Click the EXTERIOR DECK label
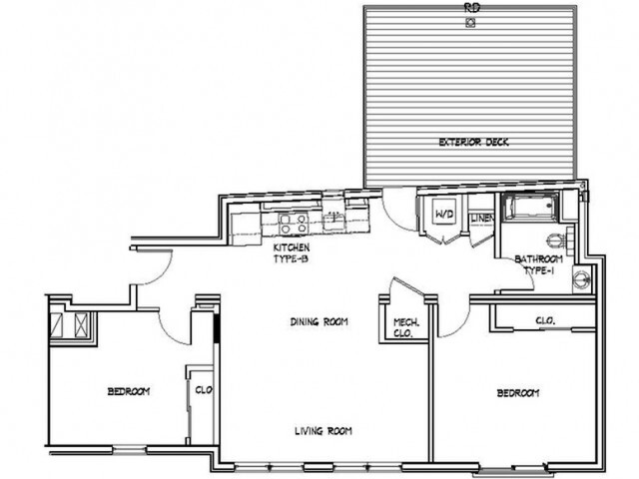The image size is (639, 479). [x=474, y=143]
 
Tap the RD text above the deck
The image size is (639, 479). [x=470, y=6]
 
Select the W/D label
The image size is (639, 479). [x=441, y=215]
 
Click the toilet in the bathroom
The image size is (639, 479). [x=557, y=240]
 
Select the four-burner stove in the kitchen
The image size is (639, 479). [x=292, y=222]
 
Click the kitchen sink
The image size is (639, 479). [x=333, y=221]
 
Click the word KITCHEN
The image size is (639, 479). [x=292, y=246]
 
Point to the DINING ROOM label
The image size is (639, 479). [x=319, y=321]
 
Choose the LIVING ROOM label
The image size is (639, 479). [x=323, y=431]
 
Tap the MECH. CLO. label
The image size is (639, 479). [x=406, y=328]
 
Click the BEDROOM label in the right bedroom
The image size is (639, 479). [x=517, y=393]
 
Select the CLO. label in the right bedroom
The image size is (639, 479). [x=545, y=320]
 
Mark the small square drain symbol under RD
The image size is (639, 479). [x=470, y=17]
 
